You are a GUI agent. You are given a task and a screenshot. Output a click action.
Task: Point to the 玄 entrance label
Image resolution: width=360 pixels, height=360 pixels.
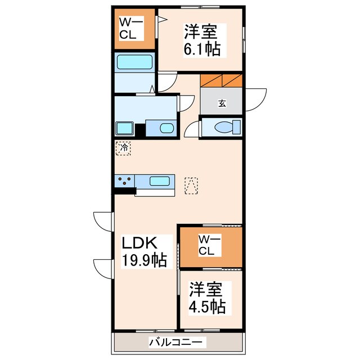point(222,103)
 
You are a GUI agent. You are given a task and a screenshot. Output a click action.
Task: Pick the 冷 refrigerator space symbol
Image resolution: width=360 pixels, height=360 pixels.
point(123,148)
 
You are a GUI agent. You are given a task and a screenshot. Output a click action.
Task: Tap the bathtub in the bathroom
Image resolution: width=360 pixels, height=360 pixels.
point(134,62)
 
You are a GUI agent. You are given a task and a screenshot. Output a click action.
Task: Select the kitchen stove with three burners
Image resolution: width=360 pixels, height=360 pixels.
point(125,181)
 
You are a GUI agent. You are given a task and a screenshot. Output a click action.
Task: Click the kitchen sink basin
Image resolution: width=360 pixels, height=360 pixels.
point(160,181)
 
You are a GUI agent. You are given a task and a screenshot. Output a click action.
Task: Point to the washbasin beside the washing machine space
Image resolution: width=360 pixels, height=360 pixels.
point(166,128)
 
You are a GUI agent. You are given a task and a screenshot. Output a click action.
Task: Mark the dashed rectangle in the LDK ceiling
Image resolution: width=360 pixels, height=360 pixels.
point(191,186)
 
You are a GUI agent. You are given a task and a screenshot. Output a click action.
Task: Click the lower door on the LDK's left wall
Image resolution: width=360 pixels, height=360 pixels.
point(105,267)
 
